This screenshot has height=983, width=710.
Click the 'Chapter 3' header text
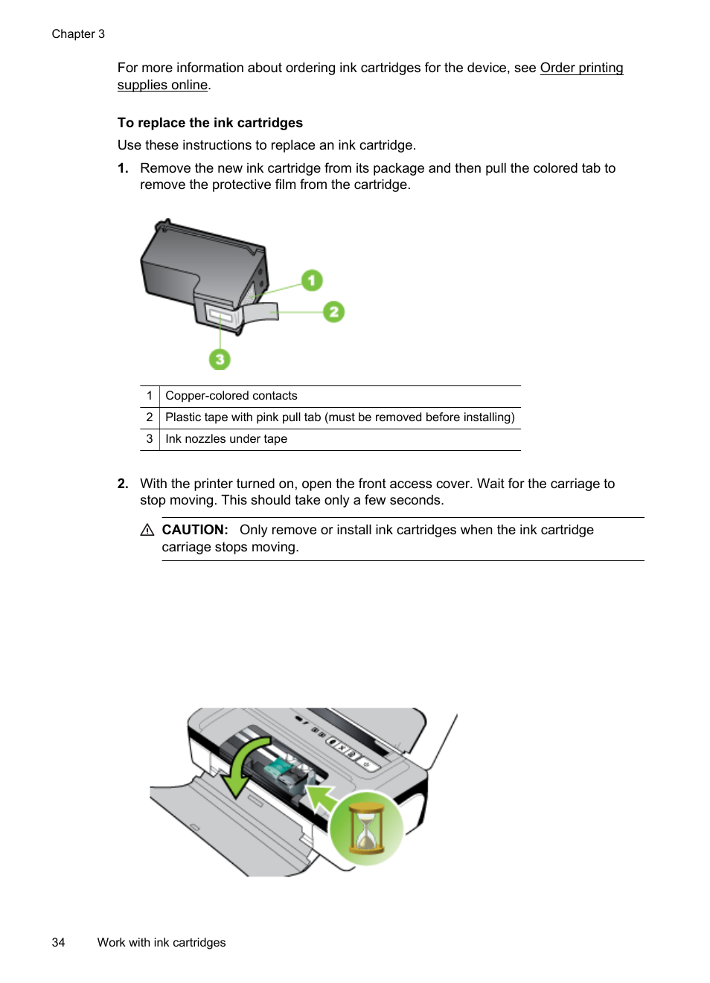tap(78, 34)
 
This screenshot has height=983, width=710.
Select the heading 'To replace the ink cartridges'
tap(210, 123)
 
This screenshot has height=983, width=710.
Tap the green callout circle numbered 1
tap(312, 281)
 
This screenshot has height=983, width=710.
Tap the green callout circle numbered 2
tap(333, 312)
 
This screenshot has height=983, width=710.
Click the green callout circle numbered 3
tap(220, 359)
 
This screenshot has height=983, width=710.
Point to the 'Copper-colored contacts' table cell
tap(231, 396)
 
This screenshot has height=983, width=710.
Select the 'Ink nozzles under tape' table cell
tap(226, 439)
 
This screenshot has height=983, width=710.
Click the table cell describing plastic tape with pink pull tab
tap(339, 417)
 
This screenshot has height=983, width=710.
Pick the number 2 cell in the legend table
tap(150, 417)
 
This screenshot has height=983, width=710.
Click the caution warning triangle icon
tap(147, 530)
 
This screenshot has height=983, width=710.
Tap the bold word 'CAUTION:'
tap(195, 530)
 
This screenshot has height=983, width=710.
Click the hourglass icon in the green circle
tap(366, 828)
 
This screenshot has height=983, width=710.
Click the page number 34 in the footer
tap(58, 942)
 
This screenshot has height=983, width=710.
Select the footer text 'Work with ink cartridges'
tap(161, 942)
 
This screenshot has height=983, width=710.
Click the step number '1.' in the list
tap(123, 168)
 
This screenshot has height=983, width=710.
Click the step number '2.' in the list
tap(123, 484)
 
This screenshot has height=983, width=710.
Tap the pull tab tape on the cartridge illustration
tap(260, 313)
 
